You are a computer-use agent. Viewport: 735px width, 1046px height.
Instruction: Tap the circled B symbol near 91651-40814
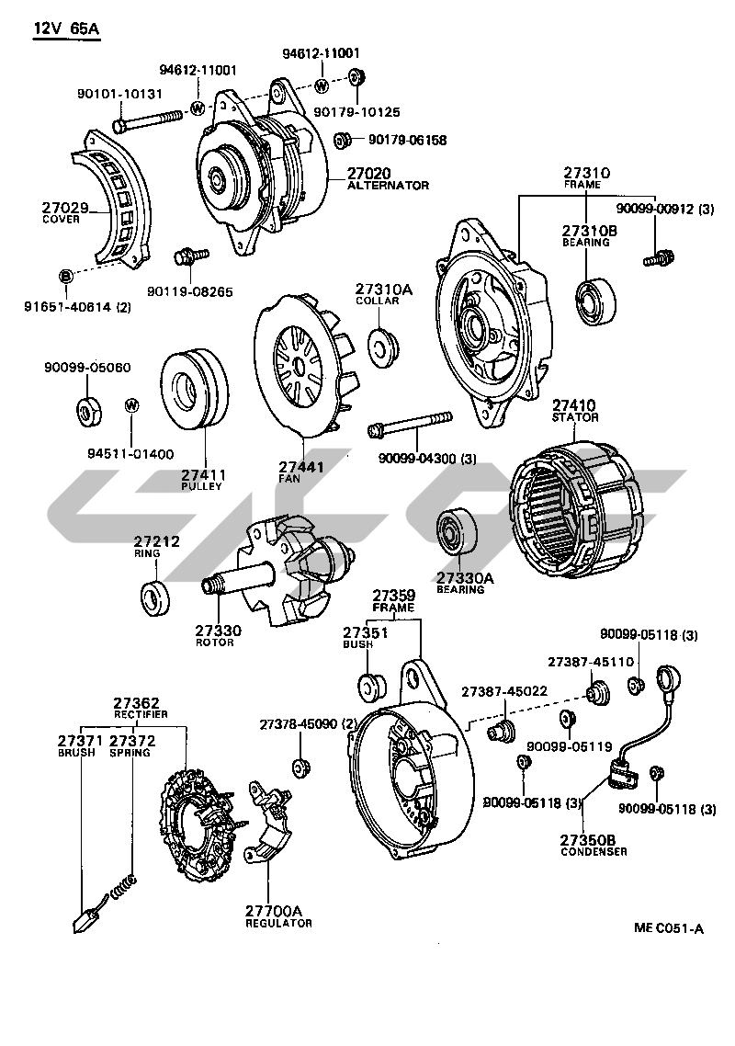pyautogui.click(x=65, y=277)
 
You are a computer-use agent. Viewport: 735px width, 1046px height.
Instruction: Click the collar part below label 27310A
pyautogui.click(x=380, y=345)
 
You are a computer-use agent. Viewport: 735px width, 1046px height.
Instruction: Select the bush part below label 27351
pyautogui.click(x=369, y=686)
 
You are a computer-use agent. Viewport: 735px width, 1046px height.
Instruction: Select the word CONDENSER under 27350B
pyautogui.click(x=594, y=851)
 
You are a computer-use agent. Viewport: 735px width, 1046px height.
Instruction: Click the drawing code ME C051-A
pyautogui.click(x=667, y=928)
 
